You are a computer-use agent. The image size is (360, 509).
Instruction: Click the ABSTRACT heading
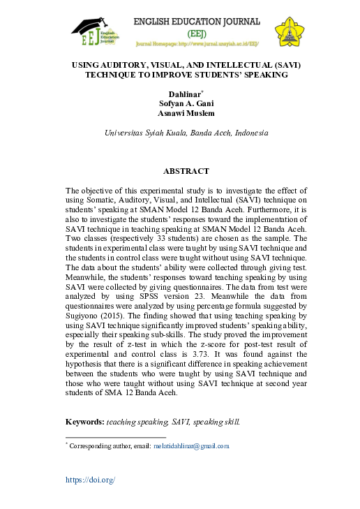[x=186, y=171]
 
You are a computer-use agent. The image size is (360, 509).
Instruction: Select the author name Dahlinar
[x=184, y=94]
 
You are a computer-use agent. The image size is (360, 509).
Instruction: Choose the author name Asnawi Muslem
[x=186, y=113]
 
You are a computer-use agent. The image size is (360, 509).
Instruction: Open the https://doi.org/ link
[x=90, y=480]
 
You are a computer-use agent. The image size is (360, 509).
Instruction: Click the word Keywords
[x=84, y=422]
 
